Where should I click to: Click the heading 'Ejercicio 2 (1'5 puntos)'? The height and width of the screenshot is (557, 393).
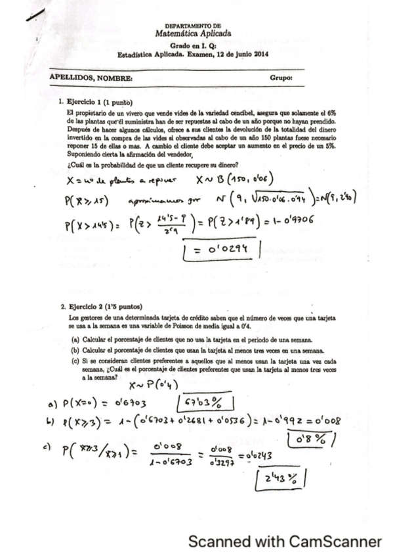(x=104, y=307)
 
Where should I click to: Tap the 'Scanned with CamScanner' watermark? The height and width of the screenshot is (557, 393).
(x=284, y=541)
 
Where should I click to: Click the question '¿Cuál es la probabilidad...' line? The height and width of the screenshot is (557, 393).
(x=152, y=164)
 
